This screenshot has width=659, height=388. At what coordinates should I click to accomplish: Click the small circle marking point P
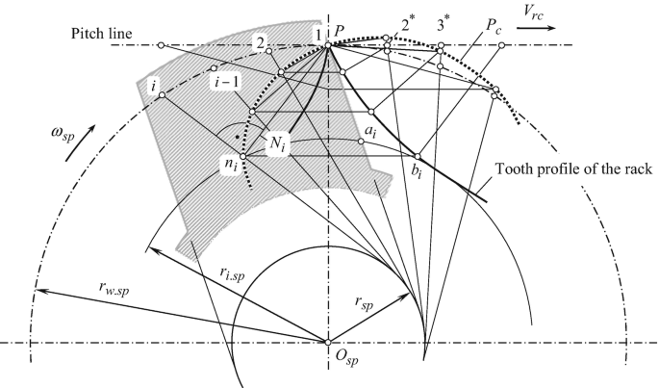click(327, 44)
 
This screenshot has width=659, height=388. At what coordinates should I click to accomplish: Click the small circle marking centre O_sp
click(327, 343)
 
